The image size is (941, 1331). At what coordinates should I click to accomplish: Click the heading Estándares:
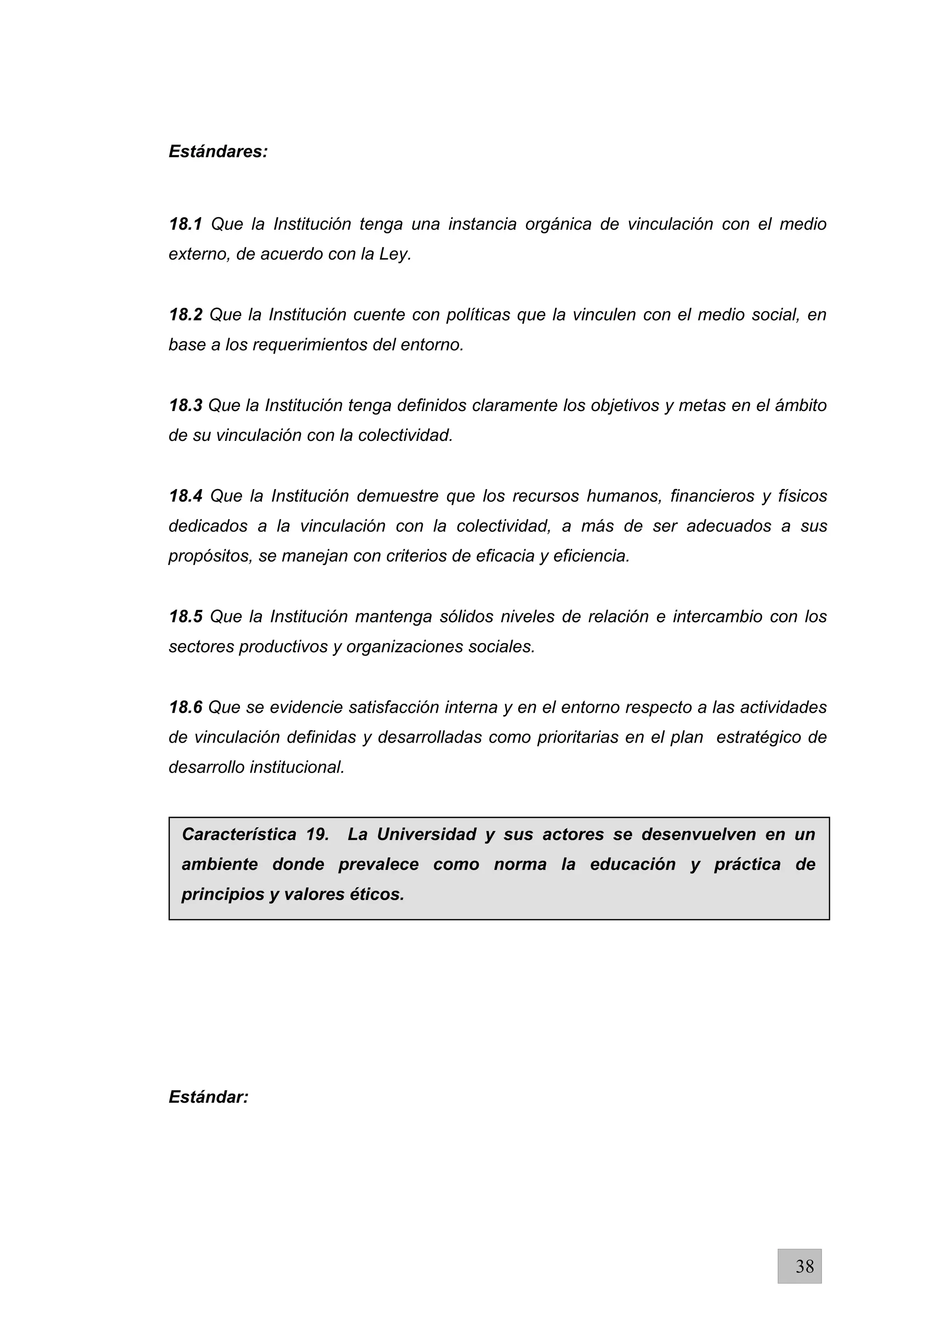[218, 152]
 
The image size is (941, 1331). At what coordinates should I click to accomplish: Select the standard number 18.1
[186, 224]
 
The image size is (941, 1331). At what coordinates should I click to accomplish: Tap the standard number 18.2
[186, 315]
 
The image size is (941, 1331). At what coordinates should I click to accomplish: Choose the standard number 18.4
[186, 496]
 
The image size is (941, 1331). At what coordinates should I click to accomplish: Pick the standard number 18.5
[186, 617]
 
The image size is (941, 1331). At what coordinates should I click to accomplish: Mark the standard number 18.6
[186, 707]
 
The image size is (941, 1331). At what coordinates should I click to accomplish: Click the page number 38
[804, 1266]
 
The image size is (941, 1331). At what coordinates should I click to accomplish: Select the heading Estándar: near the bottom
[208, 1097]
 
